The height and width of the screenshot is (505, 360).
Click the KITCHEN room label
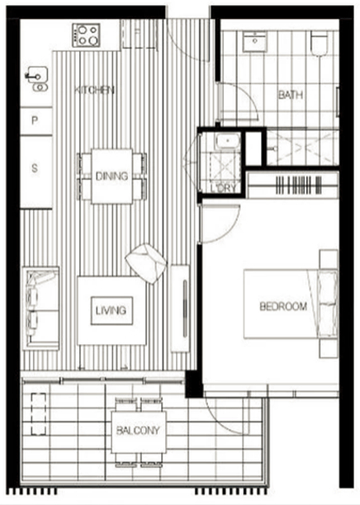click(x=94, y=90)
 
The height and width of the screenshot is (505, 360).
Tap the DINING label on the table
click(x=111, y=176)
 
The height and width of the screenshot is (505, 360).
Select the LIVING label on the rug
click(x=111, y=310)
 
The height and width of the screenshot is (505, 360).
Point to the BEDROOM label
click(x=283, y=306)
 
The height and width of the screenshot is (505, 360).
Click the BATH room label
click(x=291, y=95)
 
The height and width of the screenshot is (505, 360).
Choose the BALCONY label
click(x=138, y=431)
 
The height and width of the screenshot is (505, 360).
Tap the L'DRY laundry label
click(x=224, y=188)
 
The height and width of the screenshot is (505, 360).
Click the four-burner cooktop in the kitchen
click(x=86, y=35)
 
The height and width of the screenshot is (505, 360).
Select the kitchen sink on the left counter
click(x=37, y=79)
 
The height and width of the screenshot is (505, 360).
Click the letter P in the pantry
click(x=35, y=120)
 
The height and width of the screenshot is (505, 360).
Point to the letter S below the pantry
click(x=35, y=168)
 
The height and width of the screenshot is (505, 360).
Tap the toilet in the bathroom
click(x=319, y=43)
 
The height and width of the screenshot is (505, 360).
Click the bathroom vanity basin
click(x=254, y=41)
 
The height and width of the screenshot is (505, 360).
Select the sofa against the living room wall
click(x=40, y=309)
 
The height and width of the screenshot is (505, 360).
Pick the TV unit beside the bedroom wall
click(x=180, y=309)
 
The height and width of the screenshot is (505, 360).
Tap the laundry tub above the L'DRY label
click(x=228, y=141)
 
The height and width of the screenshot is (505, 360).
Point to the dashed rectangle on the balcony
click(x=38, y=414)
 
